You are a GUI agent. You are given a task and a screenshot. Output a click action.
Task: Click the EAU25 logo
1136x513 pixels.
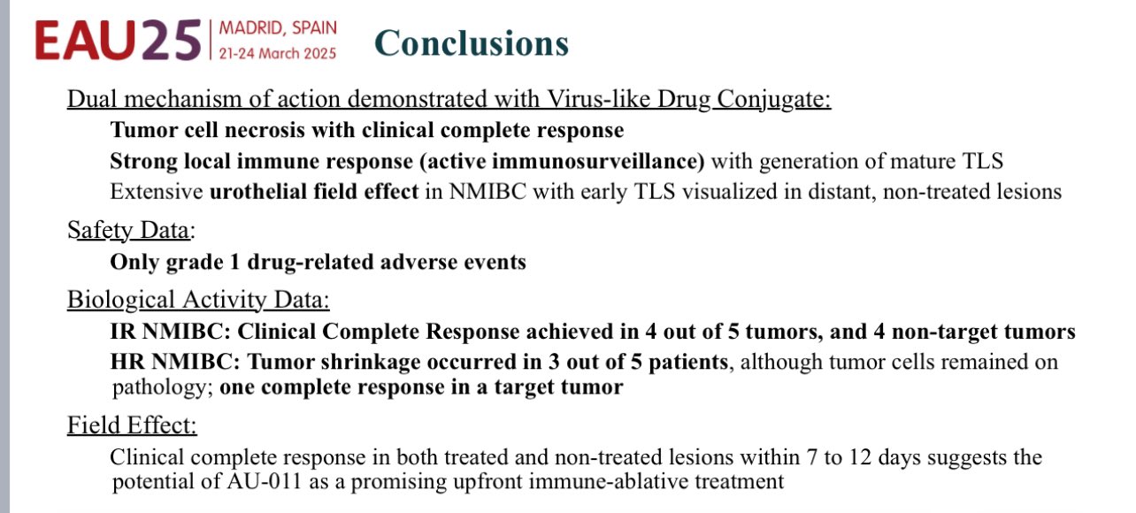(119, 40)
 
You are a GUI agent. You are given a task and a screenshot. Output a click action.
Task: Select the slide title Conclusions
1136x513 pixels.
(472, 42)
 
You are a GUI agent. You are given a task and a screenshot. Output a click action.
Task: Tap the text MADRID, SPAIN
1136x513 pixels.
(278, 27)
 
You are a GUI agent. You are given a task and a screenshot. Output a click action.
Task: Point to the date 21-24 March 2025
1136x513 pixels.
(278, 53)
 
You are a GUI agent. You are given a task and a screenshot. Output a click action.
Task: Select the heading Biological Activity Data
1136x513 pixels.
(198, 300)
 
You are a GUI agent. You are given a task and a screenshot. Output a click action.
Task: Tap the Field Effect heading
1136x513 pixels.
(132, 425)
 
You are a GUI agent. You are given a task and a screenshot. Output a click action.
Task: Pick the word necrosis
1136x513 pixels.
(265, 130)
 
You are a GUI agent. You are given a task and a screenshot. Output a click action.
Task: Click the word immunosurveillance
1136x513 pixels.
(598, 161)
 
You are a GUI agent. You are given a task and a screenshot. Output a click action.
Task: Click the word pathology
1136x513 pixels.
(162, 387)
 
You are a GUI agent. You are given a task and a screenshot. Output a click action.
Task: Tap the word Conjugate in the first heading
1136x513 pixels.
(773, 99)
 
